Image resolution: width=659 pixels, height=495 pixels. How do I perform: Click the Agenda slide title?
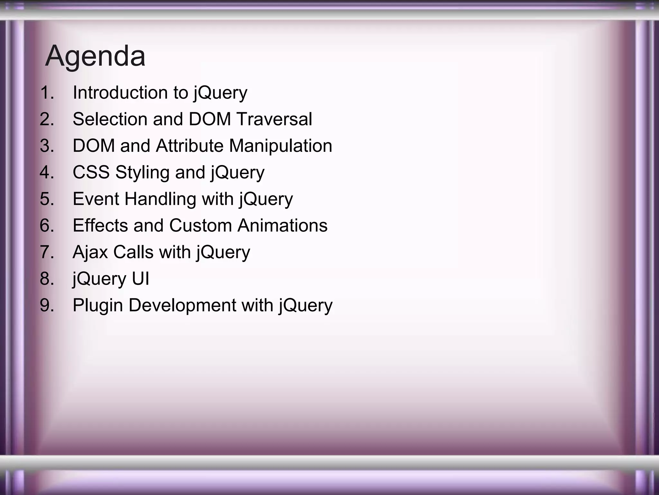(95, 56)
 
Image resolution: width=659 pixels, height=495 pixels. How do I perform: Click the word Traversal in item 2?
(274, 119)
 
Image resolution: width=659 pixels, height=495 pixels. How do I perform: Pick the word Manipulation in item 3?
(280, 146)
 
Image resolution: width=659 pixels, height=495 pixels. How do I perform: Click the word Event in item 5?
(96, 199)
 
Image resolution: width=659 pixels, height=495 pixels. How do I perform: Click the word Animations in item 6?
(282, 225)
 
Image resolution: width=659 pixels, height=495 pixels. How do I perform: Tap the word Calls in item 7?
(133, 252)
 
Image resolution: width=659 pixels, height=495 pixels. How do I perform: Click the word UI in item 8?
(140, 278)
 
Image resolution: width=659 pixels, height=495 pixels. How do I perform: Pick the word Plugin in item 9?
(98, 306)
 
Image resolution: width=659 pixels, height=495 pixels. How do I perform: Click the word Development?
(182, 306)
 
